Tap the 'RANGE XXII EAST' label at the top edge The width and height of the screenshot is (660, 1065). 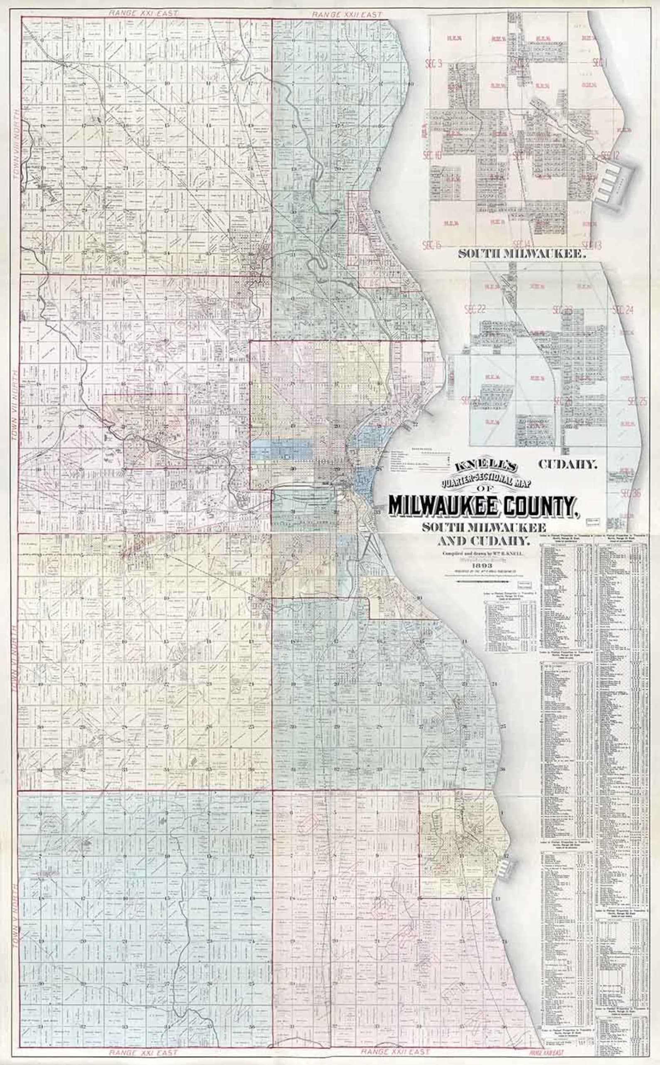[x=347, y=15]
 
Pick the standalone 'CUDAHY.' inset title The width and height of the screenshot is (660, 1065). [x=567, y=464]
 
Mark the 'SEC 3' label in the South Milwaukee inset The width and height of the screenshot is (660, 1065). [x=433, y=64]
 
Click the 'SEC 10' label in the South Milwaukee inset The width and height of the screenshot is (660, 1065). [x=434, y=155]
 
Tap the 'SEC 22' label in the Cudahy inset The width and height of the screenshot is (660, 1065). [x=475, y=310]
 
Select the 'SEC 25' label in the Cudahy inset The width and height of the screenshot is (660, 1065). [x=637, y=402]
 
